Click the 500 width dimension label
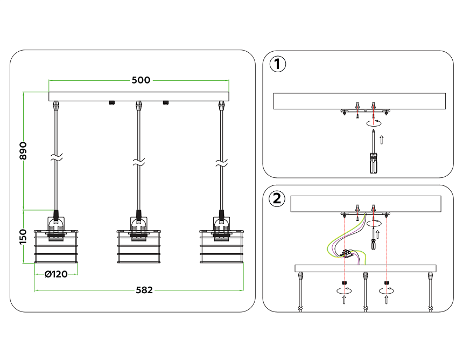coord(141,80)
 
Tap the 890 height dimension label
coord(23,151)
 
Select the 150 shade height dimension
coord(23,236)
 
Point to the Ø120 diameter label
coord(56,274)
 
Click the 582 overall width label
coord(144,290)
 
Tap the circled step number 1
coord(277,65)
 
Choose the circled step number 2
coord(277,199)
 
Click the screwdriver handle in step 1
coord(373,163)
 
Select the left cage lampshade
coord(56,247)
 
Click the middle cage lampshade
coord(139,247)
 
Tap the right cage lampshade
coord(222,247)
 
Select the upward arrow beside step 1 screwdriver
coord(382,140)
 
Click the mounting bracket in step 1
coord(364,112)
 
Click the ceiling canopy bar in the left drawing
coord(139,97)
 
